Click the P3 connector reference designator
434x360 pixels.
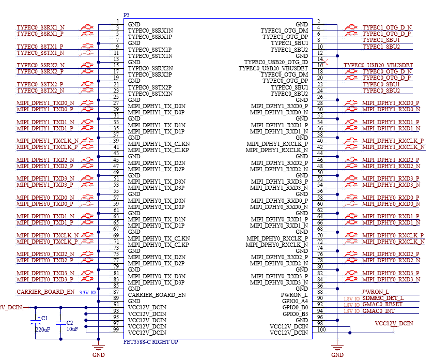pos(126,15)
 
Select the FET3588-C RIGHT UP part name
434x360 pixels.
pos(150,342)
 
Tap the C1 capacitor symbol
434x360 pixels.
pos(36,322)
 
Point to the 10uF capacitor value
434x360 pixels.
pos(72,329)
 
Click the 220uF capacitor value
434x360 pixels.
pos(43,329)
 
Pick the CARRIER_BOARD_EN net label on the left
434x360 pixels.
pos(45,292)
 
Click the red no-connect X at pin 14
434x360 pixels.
pos(326,62)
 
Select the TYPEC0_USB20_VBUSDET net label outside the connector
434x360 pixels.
pos(378,65)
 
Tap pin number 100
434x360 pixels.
pos(321,329)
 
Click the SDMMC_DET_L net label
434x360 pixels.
pos(383,298)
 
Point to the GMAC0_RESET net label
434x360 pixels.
pos(382,304)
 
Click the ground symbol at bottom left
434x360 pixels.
pos(99,348)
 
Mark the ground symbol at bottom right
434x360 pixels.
pos(337,348)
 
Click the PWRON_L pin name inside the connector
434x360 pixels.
pos(294,295)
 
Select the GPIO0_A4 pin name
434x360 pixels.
pos(295,301)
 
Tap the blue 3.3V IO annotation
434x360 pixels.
pos(87,292)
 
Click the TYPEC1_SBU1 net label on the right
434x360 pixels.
pos(381,40)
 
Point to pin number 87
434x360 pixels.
pos(116,292)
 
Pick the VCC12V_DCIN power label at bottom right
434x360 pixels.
pos(394,323)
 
